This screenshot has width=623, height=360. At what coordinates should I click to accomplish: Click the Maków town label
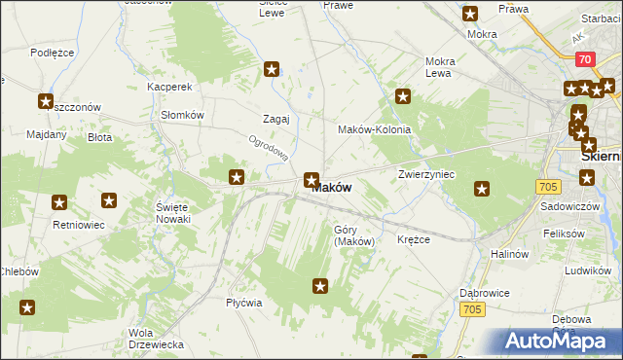[x=332, y=188]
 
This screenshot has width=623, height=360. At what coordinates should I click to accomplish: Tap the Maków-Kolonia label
[x=374, y=129]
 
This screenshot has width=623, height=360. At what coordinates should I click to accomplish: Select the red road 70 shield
[x=584, y=59]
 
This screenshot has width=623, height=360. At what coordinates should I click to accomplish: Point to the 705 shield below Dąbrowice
[x=472, y=309]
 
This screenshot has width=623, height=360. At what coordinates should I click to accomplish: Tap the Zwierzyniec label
[x=426, y=174]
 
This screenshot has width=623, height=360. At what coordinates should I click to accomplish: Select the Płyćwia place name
[x=244, y=303]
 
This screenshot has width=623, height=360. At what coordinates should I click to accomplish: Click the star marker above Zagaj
[x=272, y=69]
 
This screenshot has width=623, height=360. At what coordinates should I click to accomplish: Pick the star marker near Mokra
[x=470, y=14]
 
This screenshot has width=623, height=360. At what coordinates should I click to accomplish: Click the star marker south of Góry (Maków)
[x=319, y=285]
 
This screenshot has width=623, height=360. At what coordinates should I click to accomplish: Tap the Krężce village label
[x=414, y=239]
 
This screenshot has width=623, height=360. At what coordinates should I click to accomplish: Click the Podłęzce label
[x=53, y=53]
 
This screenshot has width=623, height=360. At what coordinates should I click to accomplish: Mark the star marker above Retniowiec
[x=59, y=202]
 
